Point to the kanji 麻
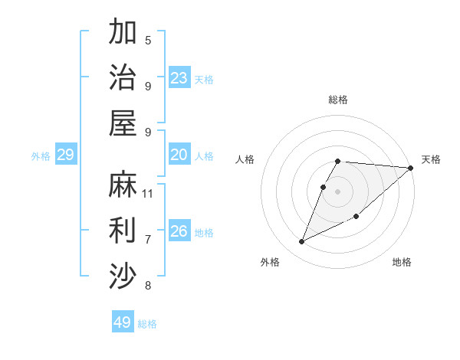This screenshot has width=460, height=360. click(123, 184)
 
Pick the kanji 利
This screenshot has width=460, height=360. click(123, 230)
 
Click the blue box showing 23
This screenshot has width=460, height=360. click(179, 78)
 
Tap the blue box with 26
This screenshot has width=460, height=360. click(179, 231)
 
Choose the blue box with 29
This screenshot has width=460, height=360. click(65, 155)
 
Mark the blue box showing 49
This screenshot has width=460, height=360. click(123, 322)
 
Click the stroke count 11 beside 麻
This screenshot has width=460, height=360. click(148, 193)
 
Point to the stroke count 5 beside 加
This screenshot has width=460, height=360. click(148, 40)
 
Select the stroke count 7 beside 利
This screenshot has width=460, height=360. click(148, 239)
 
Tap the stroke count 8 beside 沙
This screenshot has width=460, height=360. click(148, 286)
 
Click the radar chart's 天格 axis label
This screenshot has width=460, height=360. click(431, 159)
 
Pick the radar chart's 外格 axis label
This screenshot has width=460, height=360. click(270, 262)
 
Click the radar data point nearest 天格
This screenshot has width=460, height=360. click(410, 168)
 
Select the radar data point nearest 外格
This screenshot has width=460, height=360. click(302, 242)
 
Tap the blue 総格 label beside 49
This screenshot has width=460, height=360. click(147, 324)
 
